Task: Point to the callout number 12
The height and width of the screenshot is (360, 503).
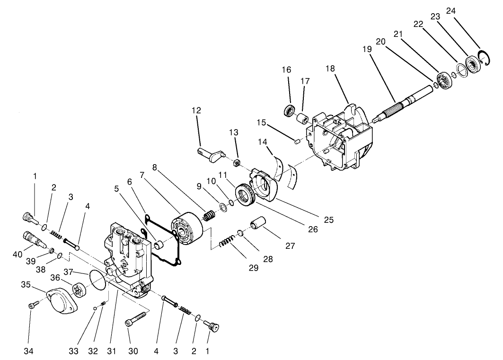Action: click(x=196, y=110)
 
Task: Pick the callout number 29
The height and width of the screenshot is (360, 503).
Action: click(x=254, y=267)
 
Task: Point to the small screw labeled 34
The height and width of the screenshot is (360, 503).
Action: click(x=33, y=307)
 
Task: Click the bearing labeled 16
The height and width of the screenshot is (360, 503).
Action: click(x=288, y=111)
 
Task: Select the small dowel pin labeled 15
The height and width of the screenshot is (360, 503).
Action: click(x=297, y=140)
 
